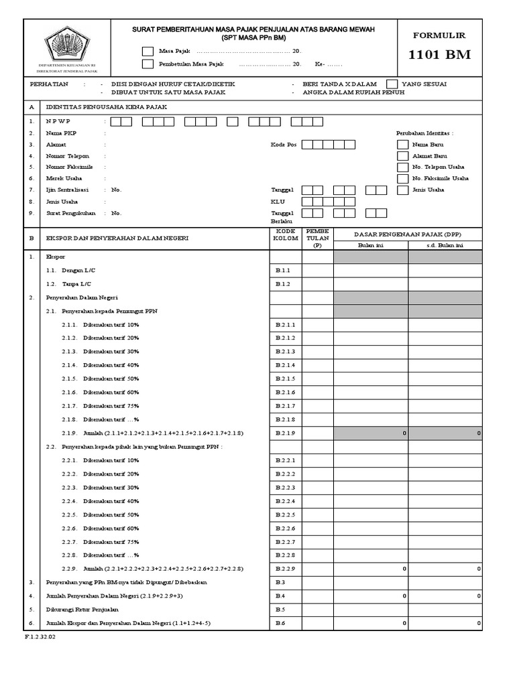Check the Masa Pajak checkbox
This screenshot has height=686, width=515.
(148, 51)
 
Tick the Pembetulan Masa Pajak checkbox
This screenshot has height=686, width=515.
(148, 64)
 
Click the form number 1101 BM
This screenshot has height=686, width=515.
(439, 55)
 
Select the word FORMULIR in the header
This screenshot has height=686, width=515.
(439, 36)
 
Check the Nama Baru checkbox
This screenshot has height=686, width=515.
(402, 145)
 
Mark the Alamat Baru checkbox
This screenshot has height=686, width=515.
(402, 156)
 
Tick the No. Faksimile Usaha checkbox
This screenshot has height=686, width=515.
(402, 179)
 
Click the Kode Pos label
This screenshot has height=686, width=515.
(283, 145)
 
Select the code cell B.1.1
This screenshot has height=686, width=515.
(285, 270)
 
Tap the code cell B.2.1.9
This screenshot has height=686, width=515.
(285, 433)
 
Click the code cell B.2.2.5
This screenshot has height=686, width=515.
(285, 514)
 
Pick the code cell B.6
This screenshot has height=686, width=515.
(285, 623)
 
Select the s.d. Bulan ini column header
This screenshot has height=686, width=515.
(445, 246)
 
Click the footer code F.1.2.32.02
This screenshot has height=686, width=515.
(41, 637)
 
